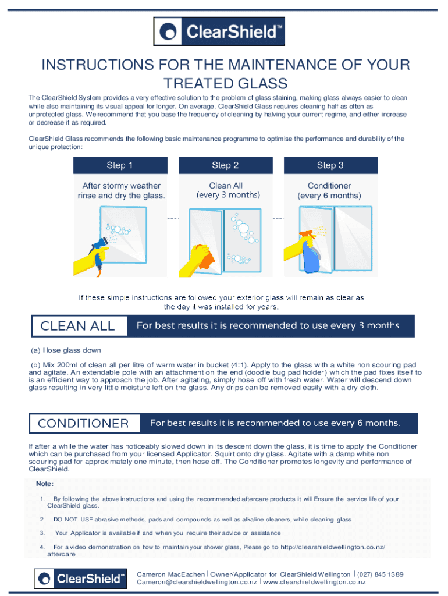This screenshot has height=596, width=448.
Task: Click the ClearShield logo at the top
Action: (x=219, y=31)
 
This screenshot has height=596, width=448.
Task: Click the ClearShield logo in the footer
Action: (x=80, y=579)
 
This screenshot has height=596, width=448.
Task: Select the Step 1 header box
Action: (x=120, y=165)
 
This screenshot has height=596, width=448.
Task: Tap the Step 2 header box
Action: (x=225, y=165)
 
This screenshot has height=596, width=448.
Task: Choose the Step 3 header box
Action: (x=330, y=165)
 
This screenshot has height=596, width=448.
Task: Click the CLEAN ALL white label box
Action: (x=79, y=326)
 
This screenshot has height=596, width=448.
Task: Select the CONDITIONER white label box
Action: (x=84, y=424)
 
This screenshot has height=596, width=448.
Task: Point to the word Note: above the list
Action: (x=45, y=484)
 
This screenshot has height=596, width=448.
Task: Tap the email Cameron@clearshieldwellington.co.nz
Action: (x=197, y=582)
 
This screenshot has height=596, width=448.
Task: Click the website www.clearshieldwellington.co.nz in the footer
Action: (x=314, y=582)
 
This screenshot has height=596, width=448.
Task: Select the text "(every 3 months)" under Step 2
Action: (x=228, y=195)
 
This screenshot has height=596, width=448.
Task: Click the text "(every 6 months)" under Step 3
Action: (x=329, y=196)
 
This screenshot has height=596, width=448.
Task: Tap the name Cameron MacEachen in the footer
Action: (x=170, y=574)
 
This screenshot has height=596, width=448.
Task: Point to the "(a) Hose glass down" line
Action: (x=66, y=350)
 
